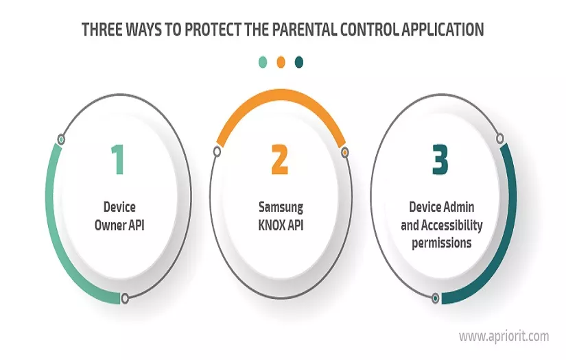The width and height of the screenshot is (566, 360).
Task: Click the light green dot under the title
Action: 263,62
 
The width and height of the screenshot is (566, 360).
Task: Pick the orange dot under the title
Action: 281,62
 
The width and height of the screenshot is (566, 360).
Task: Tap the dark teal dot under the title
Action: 298,62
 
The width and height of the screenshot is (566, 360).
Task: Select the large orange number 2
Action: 280,159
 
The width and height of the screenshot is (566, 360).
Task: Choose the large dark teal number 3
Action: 440,159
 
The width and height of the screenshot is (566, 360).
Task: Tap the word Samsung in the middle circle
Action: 280,206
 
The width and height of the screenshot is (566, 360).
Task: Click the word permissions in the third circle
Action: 441,243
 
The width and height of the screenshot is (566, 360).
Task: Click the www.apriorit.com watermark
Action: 504,336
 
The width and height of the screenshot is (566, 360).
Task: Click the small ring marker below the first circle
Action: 125,298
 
